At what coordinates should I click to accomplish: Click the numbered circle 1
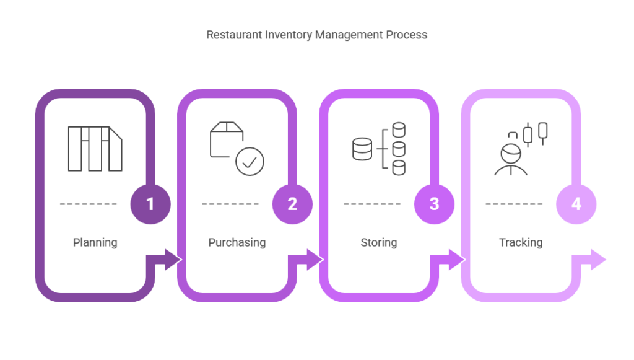point(150,204)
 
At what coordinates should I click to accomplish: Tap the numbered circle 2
point(292,204)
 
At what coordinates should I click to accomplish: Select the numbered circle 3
point(434,204)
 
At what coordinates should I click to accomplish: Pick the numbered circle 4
point(576,204)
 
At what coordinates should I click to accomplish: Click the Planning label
point(95,243)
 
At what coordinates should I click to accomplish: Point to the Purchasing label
point(237,243)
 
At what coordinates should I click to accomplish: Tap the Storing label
point(379,243)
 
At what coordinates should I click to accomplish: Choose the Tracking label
point(521,243)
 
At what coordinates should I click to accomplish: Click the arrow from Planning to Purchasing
point(163,260)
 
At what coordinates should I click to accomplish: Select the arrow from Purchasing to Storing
point(306,260)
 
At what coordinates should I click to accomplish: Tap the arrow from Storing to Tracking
point(448,260)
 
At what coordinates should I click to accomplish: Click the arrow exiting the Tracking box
point(589,260)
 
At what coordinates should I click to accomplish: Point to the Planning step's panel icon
point(95,149)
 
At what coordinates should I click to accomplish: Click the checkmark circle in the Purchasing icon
point(250,161)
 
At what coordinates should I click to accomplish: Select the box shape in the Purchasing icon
point(227,139)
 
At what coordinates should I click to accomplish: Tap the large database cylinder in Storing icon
point(362,149)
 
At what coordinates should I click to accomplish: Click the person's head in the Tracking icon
point(511,154)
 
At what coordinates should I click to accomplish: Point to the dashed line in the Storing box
point(372,204)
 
